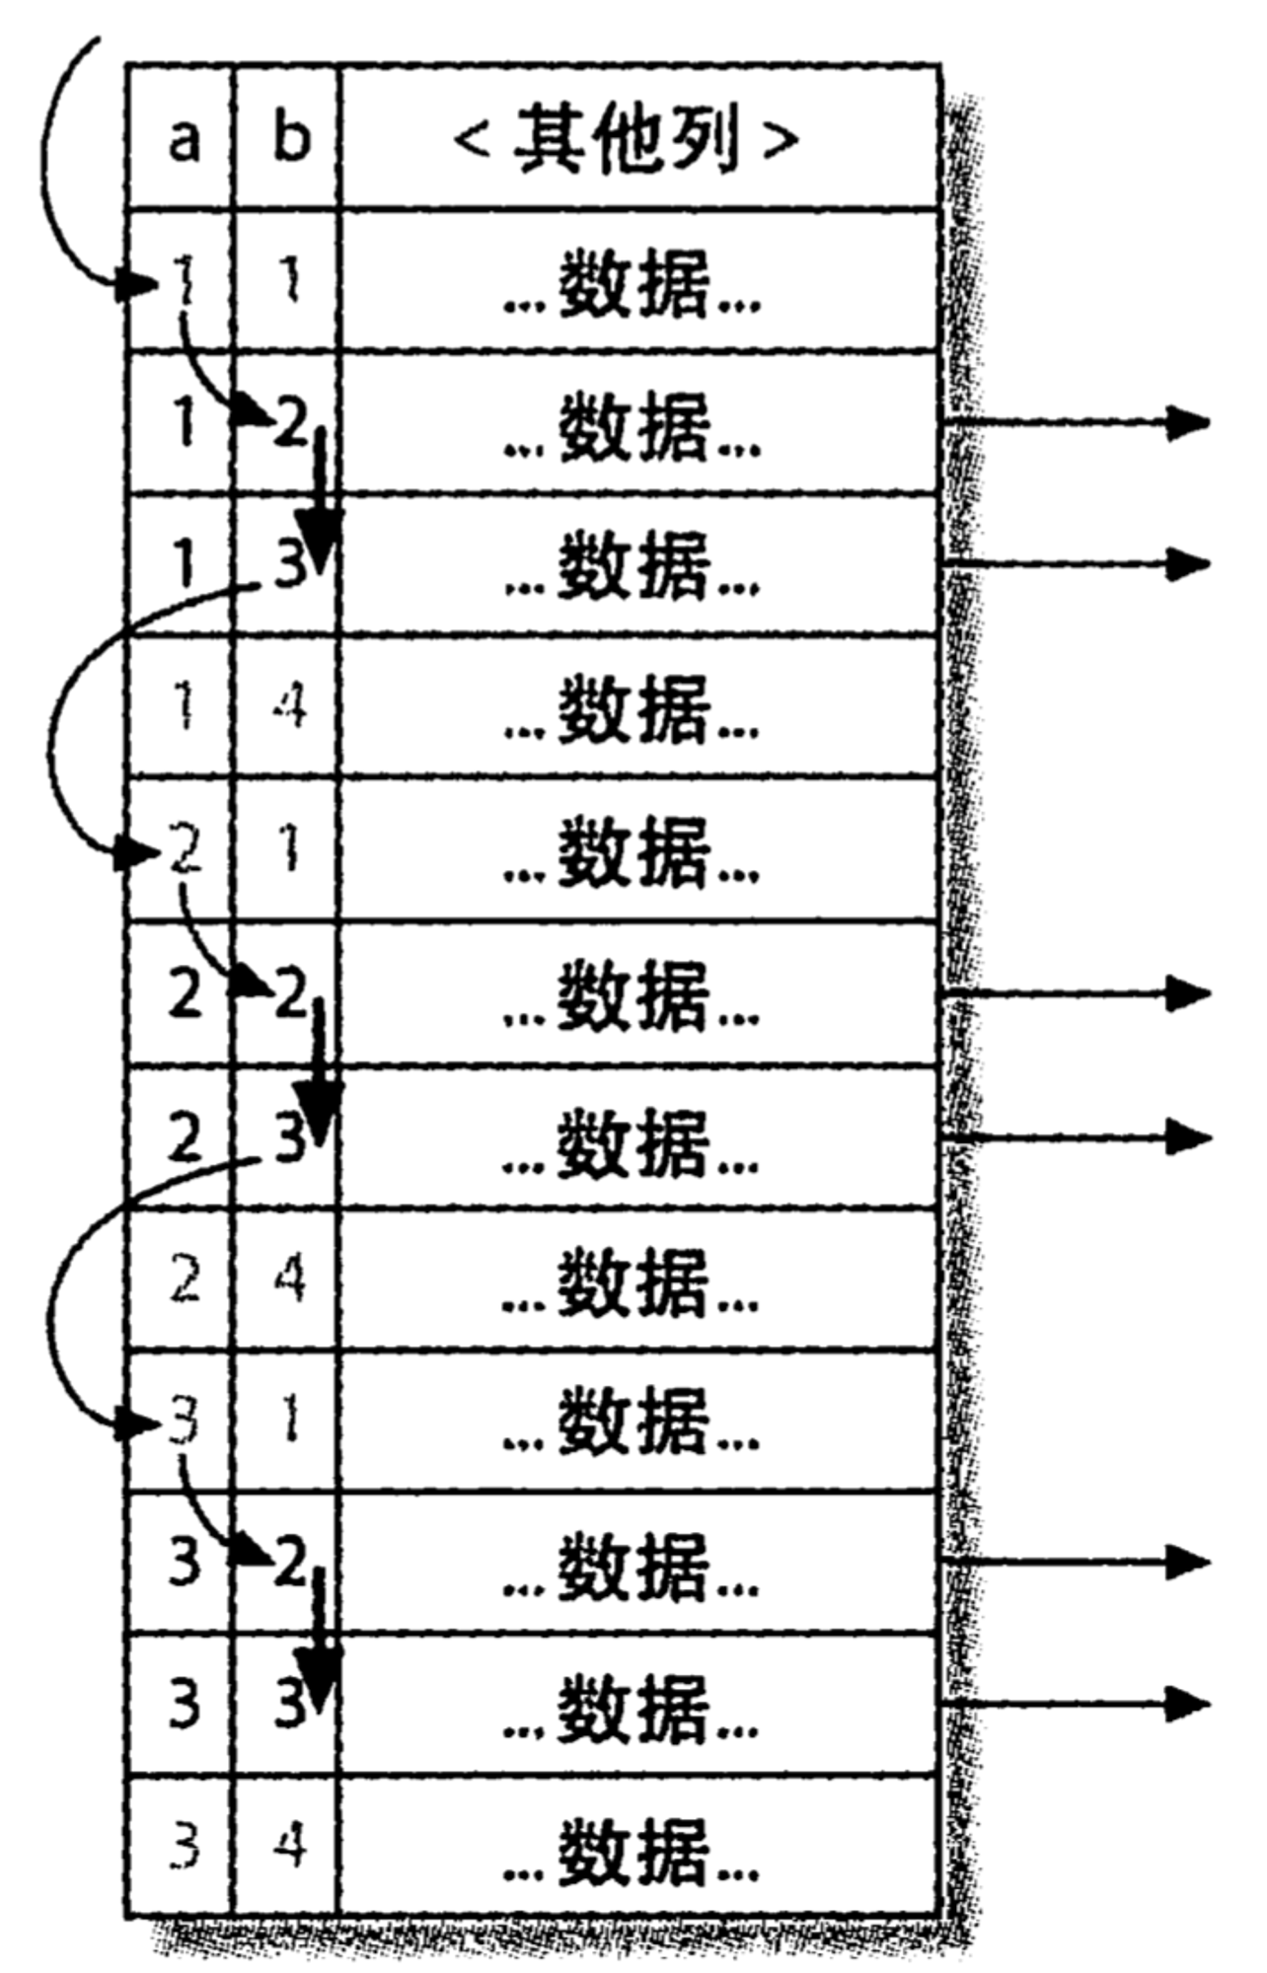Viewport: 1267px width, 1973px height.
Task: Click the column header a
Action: pos(184,140)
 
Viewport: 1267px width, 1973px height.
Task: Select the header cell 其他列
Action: pos(627,140)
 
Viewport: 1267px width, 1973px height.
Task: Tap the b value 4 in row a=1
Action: pos(289,707)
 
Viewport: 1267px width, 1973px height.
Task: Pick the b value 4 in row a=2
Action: pos(289,1278)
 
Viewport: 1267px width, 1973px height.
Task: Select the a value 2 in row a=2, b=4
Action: pos(185,1278)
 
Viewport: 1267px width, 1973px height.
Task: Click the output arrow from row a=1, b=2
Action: pos(1076,423)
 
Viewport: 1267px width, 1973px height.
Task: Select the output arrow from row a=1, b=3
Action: pos(1076,565)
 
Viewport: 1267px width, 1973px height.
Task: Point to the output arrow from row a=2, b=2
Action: pos(1076,993)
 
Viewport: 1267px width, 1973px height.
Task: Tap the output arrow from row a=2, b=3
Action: pos(1076,1136)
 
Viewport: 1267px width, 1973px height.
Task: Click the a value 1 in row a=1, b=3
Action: pos(185,566)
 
